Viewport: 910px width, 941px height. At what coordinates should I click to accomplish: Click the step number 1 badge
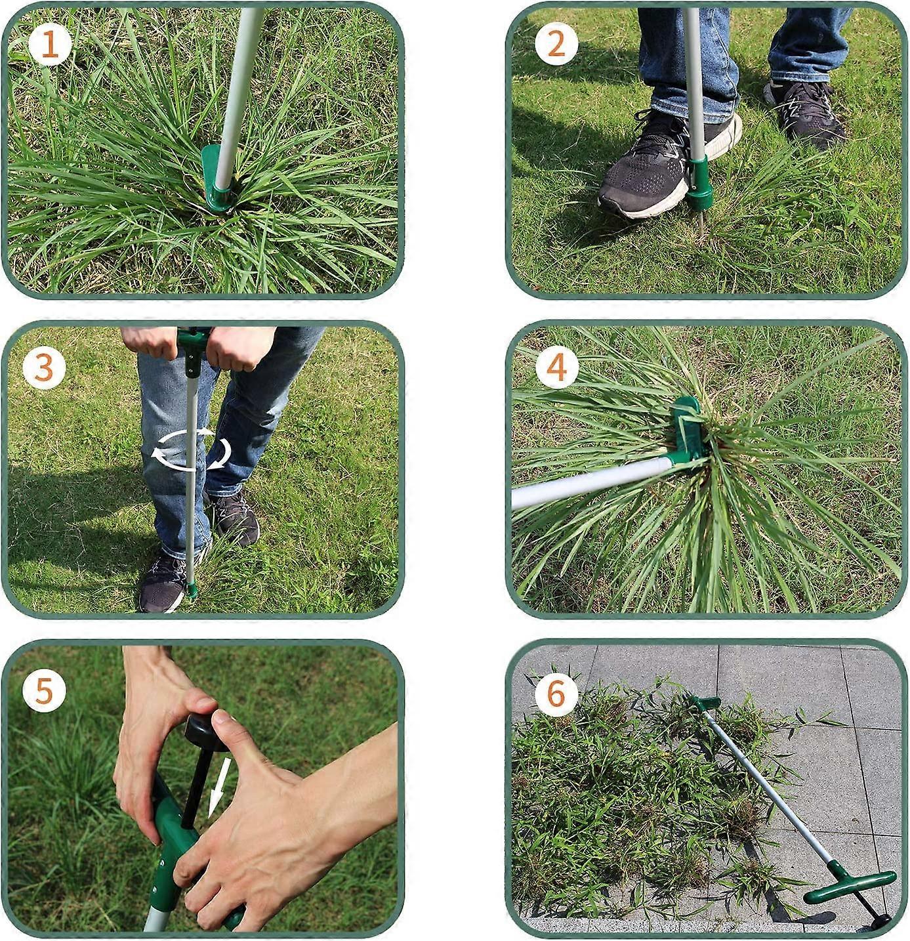[50, 45]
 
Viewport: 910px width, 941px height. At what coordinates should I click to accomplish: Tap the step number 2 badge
[556, 45]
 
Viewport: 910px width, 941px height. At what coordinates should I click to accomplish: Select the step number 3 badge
[43, 368]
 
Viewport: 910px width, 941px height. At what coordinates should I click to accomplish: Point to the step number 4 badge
[556, 368]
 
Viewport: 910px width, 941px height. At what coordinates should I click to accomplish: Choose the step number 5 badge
[43, 691]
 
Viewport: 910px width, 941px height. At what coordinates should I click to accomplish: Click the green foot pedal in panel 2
[699, 180]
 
